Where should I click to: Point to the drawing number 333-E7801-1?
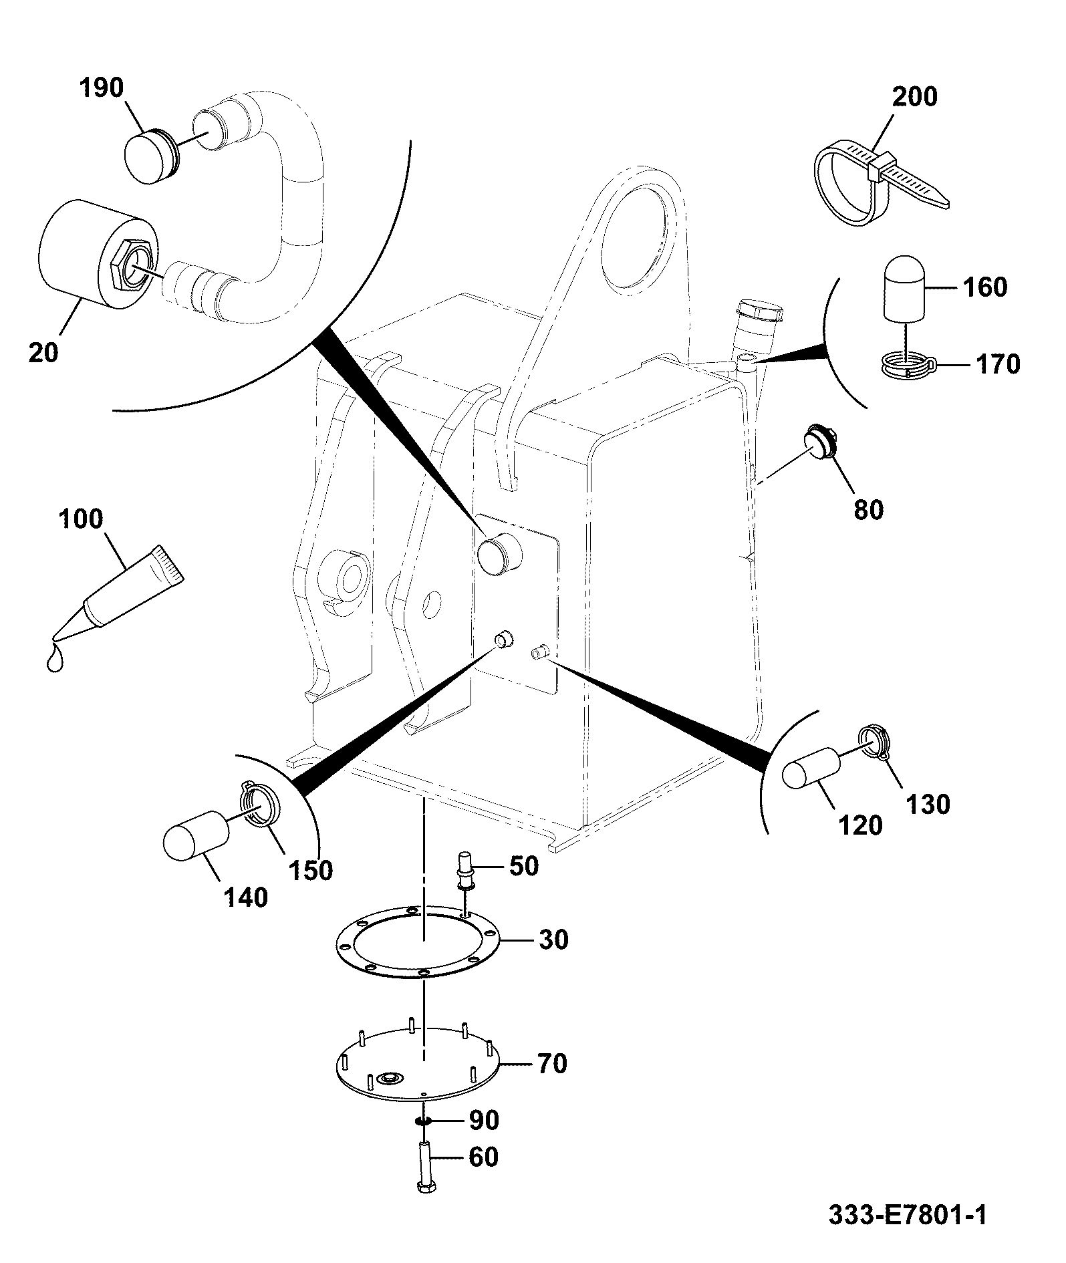pyautogui.click(x=907, y=1215)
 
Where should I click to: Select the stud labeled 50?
pyautogui.click(x=465, y=871)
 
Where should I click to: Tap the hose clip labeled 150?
pyautogui.click(x=258, y=804)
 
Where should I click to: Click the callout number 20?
pyautogui.click(x=43, y=352)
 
